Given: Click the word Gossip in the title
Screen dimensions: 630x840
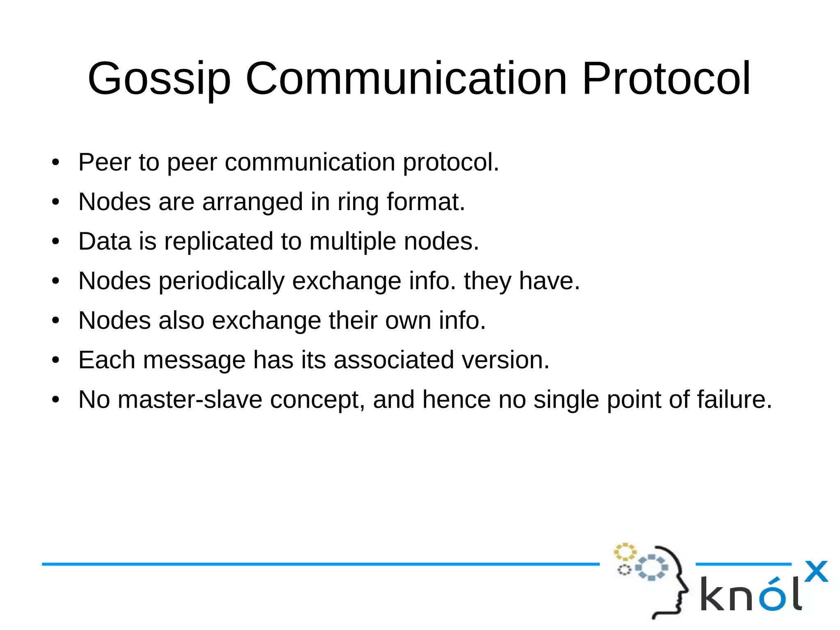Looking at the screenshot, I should click(x=159, y=79).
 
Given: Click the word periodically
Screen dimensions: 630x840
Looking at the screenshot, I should click(x=221, y=282).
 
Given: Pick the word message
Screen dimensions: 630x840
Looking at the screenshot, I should click(x=194, y=360).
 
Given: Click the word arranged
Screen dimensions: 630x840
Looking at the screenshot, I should click(x=253, y=202).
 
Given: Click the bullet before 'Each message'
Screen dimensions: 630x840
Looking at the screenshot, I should click(x=56, y=360).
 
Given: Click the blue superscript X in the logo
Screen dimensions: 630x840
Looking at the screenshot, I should click(x=816, y=571).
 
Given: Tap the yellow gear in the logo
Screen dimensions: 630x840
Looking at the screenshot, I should click(x=624, y=552).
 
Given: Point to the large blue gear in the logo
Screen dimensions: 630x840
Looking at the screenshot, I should click(x=651, y=568).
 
